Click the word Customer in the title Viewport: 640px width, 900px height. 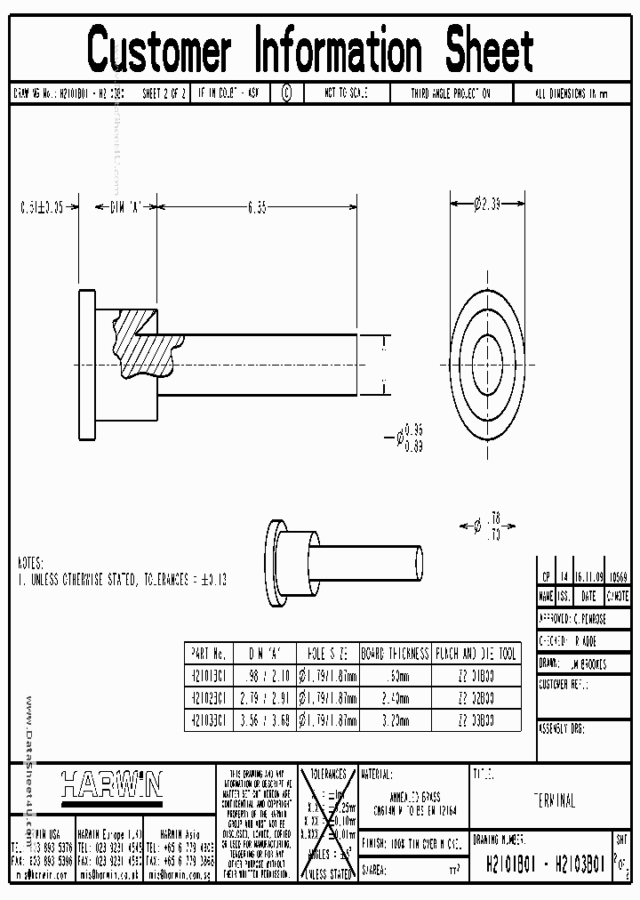[x=159, y=51]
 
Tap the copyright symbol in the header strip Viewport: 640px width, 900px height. [x=286, y=92]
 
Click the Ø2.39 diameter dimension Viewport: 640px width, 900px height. [x=487, y=205]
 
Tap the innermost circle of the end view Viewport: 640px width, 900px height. [x=487, y=360]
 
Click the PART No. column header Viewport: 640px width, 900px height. [x=209, y=654]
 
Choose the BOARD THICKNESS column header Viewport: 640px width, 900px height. [x=396, y=654]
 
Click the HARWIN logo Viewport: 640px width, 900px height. [x=111, y=783]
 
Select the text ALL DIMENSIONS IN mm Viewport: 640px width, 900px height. [x=572, y=92]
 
